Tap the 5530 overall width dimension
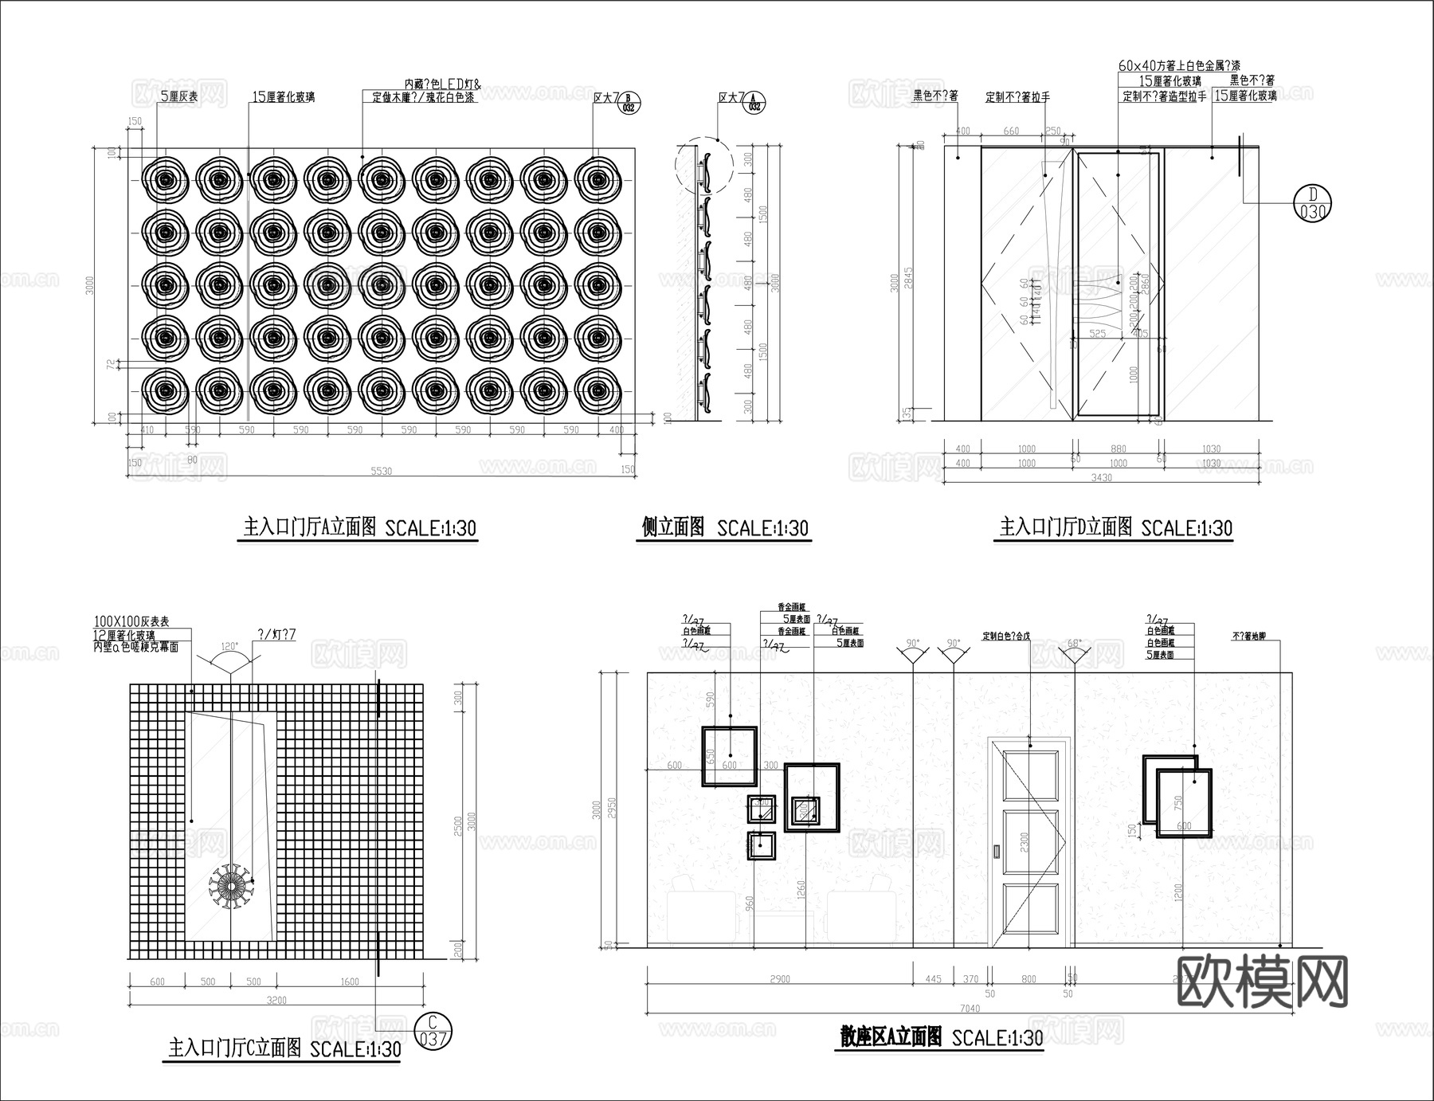point(382,471)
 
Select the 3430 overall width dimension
point(1102,477)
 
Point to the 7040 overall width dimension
point(970,1009)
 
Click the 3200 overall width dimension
point(276,1000)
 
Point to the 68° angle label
point(1074,643)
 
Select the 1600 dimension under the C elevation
point(350,981)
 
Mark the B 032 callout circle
point(629,102)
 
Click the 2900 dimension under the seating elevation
point(780,979)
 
